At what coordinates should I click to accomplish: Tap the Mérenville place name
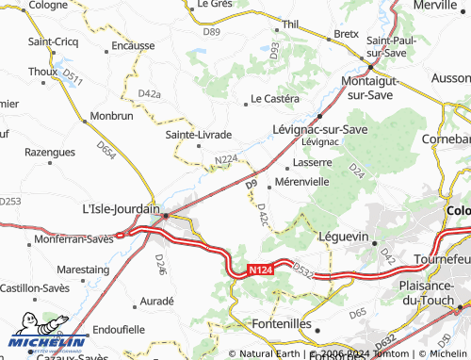[301, 181]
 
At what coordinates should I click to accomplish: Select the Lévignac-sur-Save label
[319, 128]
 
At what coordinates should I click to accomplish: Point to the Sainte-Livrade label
[199, 134]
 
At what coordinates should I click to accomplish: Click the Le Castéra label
[274, 98]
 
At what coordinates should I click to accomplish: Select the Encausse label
[132, 44]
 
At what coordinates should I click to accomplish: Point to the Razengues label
[49, 151]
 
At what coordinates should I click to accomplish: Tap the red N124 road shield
[264, 270]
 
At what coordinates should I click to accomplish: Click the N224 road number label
[226, 160]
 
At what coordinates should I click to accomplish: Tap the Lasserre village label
[313, 161]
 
